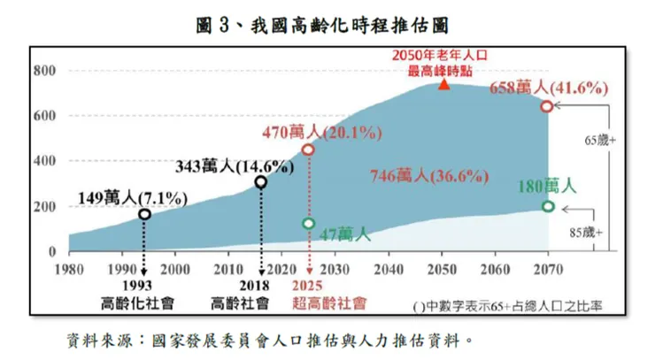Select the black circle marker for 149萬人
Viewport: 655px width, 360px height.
point(144,214)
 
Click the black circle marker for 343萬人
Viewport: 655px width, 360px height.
point(261,182)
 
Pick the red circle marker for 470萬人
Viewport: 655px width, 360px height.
point(308,149)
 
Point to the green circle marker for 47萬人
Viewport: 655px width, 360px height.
point(308,224)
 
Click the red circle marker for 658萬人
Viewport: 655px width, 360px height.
point(547,106)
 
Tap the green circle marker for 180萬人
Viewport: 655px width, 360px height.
point(548,206)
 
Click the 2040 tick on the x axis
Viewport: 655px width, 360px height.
point(389,268)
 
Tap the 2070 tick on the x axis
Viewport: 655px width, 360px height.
point(548,268)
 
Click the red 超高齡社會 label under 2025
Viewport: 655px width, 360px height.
point(328,303)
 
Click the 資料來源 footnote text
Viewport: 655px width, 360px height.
point(266,339)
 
